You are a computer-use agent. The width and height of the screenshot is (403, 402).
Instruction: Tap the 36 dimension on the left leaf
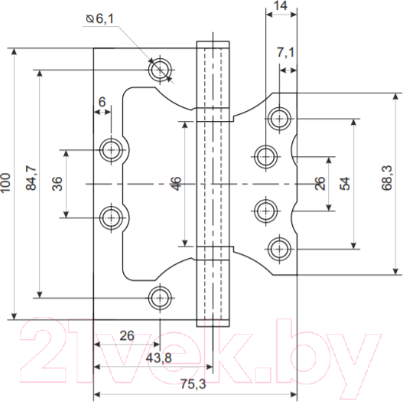click(57, 184)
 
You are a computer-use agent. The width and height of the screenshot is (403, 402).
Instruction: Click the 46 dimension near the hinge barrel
click(176, 184)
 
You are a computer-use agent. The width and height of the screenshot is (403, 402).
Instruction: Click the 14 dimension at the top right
click(280, 7)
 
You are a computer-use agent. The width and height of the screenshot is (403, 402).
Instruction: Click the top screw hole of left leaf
click(161, 68)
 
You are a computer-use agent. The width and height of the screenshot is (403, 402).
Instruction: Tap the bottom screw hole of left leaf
click(160, 297)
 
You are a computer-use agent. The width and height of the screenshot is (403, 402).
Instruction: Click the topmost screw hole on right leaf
click(278, 119)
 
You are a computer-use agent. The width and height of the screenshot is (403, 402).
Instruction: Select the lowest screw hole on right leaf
click(278, 247)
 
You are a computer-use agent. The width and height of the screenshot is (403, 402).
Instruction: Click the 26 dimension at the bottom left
click(127, 335)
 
